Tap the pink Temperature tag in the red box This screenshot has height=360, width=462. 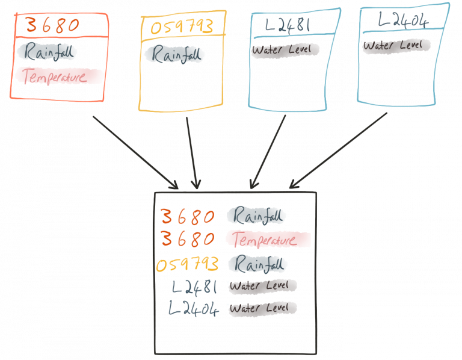[x=60, y=76]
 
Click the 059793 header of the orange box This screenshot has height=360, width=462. [x=182, y=28]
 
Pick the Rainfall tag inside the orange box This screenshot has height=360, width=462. [x=175, y=55]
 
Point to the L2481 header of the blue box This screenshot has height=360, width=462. [x=289, y=26]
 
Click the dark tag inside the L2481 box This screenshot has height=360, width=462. [x=285, y=51]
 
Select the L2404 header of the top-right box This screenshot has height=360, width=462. [x=403, y=20]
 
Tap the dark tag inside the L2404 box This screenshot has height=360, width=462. [x=396, y=45]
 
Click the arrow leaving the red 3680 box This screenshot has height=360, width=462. [x=135, y=152]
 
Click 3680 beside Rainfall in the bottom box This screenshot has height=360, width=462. [x=188, y=217]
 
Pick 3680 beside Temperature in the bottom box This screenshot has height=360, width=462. [x=188, y=240]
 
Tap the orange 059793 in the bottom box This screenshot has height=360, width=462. [x=187, y=265]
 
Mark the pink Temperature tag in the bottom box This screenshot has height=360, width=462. [x=268, y=240]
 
